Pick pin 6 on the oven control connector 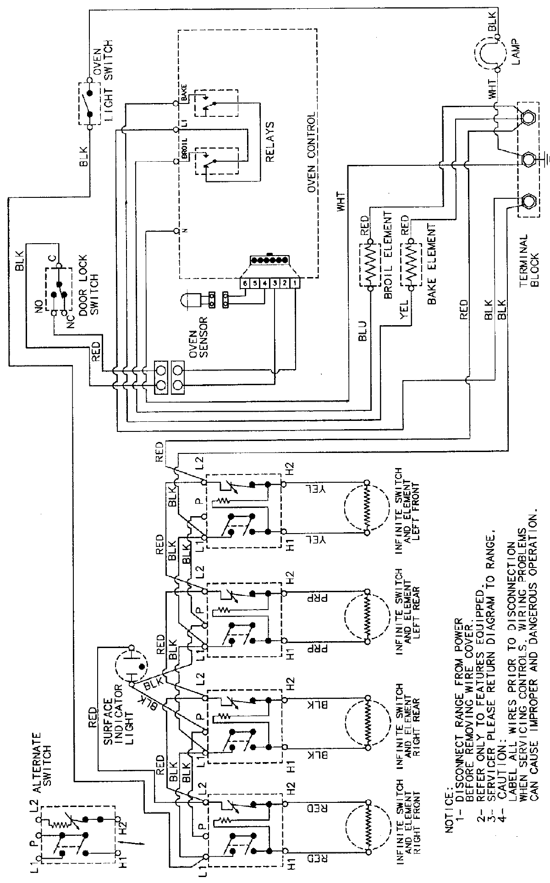click(246, 283)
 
